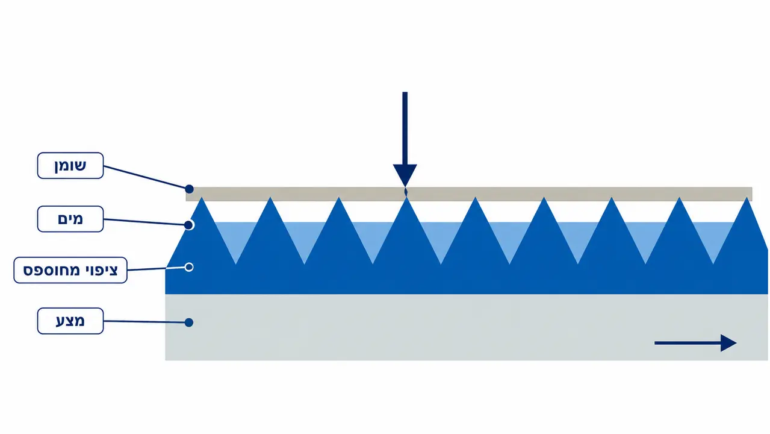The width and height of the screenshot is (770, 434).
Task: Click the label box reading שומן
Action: [x=70, y=166]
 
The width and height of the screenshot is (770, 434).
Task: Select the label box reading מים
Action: [x=70, y=219]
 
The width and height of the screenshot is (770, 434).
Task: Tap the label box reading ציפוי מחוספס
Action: [x=70, y=270]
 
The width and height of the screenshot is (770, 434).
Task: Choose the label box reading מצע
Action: [x=70, y=321]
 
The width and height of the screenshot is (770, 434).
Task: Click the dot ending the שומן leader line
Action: [x=189, y=189]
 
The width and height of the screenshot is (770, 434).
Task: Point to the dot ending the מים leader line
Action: [x=188, y=225]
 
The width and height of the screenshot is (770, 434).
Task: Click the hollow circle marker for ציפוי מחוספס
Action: [x=188, y=267]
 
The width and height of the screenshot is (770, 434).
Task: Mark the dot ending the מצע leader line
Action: [x=188, y=322]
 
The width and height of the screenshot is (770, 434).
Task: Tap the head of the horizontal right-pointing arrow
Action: [x=728, y=343]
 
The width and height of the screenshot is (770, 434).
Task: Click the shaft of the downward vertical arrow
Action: [x=405, y=128]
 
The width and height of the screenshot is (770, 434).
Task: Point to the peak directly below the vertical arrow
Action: [x=406, y=198]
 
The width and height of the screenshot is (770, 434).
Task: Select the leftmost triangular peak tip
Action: [x=202, y=198]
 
